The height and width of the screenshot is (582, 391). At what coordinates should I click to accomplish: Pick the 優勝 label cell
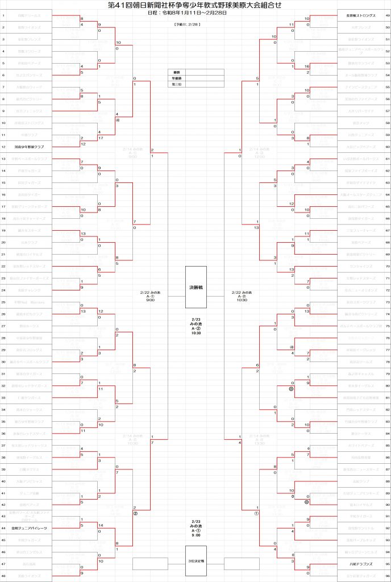[177, 73]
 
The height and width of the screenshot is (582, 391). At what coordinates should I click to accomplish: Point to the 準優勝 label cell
[177, 78]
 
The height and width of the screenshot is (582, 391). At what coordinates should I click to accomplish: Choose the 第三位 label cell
[177, 84]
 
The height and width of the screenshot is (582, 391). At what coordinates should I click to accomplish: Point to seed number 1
[4, 15]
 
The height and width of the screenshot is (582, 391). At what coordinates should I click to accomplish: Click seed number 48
[4, 576]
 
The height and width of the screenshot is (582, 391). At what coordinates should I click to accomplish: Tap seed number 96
[387, 576]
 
